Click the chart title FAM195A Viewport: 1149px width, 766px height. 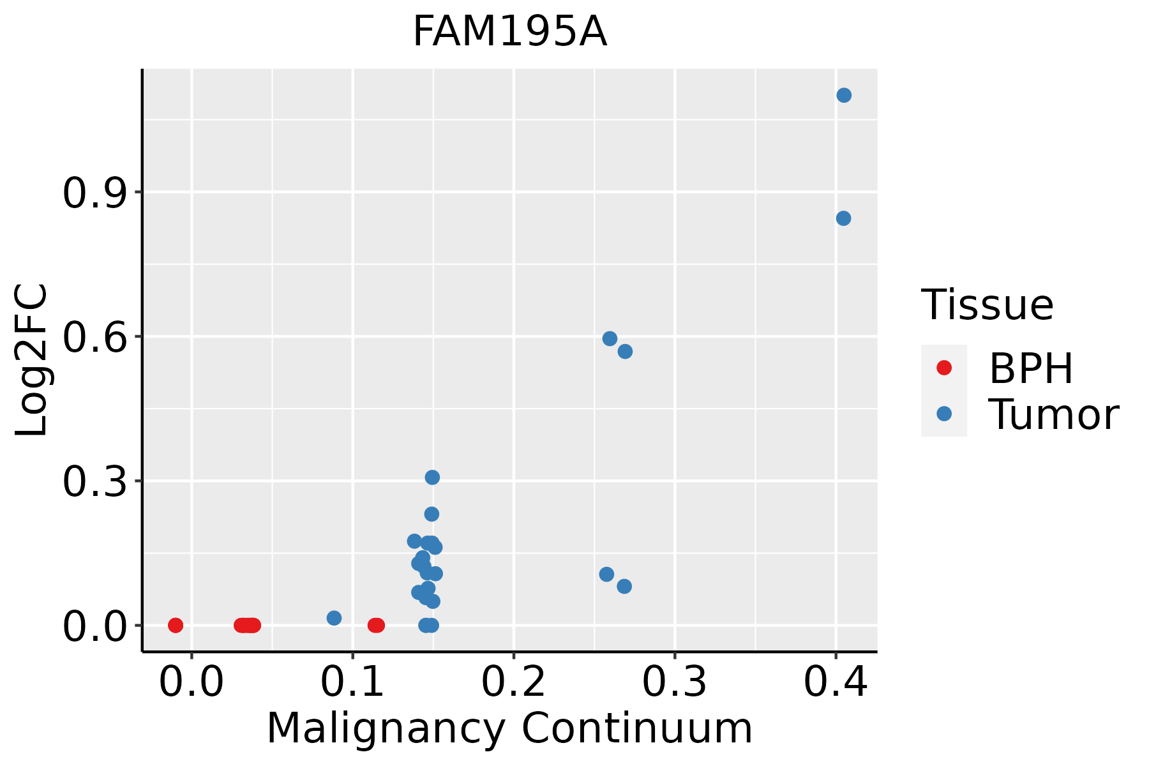509,32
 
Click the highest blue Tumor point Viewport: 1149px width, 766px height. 844,95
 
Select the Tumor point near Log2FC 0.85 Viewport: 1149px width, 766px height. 843,218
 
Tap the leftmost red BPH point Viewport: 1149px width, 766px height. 176,625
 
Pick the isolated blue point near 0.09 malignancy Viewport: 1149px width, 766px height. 334,618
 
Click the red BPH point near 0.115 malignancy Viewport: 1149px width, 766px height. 376,625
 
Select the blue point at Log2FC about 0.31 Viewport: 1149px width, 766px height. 432,477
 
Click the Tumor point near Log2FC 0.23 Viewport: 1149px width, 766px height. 432,514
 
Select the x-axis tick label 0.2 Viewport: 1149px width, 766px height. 513,682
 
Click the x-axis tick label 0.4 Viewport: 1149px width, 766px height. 835,682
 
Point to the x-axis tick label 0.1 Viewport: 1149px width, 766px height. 352,682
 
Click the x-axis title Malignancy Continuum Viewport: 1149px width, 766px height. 509,728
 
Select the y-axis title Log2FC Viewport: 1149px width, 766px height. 32,360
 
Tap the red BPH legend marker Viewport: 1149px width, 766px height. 943,368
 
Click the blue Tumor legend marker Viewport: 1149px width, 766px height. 943,414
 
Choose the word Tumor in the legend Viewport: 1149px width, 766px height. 1053,415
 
